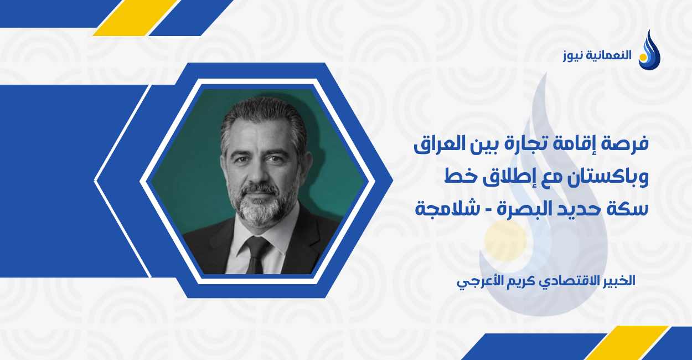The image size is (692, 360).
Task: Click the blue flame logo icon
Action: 649,51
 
